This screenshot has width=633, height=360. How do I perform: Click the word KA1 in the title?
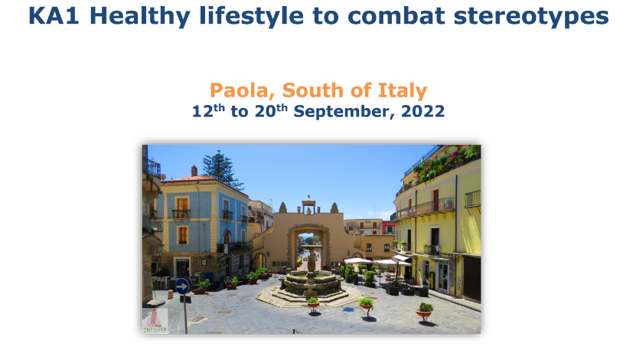[54, 16]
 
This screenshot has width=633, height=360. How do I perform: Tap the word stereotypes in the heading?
[531, 17]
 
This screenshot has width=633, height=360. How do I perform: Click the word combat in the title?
[396, 16]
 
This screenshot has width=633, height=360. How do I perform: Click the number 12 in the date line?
[202, 111]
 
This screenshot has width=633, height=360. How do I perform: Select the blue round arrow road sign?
[182, 286]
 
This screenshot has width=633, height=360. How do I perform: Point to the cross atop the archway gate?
[308, 198]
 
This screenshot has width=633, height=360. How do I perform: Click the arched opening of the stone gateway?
[308, 248]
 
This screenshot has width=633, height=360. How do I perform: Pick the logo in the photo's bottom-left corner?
[155, 321]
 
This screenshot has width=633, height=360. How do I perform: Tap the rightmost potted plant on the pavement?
[424, 311]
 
